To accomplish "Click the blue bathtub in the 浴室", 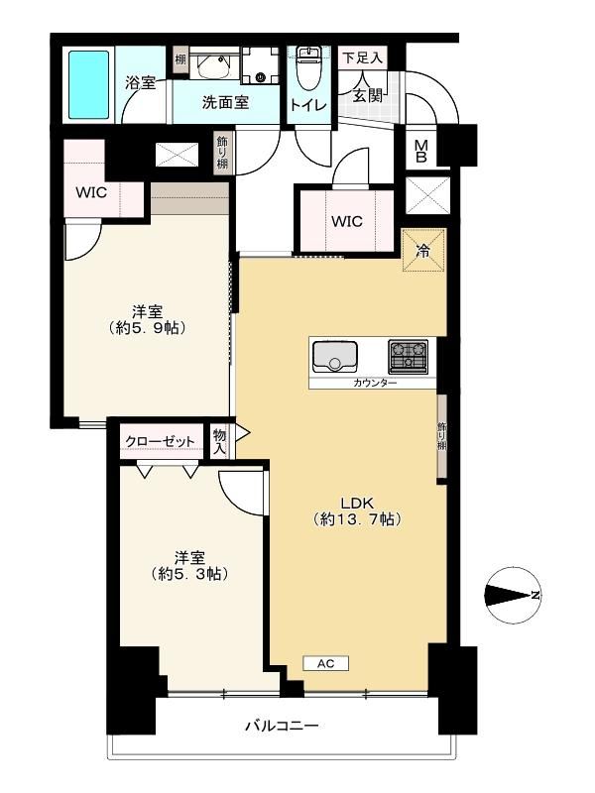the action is point(89,85).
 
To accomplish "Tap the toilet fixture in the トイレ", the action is point(307,67).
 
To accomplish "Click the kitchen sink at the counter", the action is point(334,357).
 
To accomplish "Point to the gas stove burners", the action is point(408,354).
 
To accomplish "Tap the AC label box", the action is point(326,663).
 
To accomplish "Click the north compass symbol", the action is point(512,595).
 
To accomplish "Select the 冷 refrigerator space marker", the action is point(423,250).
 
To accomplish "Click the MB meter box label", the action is point(420,152).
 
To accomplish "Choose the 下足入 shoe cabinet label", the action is point(362,57).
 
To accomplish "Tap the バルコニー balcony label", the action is point(283,727).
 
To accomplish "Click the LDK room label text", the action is point(357,503).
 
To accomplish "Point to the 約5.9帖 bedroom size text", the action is point(147,328).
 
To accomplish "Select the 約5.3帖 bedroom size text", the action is point(189,574).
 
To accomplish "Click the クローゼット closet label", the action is point(160,441).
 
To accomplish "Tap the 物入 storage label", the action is point(219,441).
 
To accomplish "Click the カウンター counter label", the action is point(375,383).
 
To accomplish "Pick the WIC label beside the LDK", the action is point(347,221).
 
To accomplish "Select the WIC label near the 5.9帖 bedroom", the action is point(91,192).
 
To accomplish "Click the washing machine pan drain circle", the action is point(261,77).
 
